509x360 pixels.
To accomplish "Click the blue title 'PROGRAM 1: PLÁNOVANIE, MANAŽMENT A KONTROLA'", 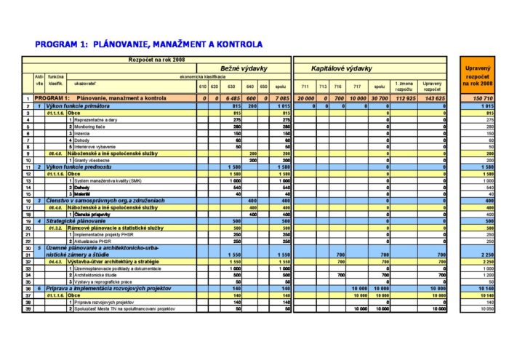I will coord(148,44).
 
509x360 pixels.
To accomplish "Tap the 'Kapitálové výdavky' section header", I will coord(342,68).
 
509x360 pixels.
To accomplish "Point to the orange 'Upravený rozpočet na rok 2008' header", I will coord(478,76).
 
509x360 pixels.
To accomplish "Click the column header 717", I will coord(356,86).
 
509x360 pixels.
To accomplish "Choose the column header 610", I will coord(203,86).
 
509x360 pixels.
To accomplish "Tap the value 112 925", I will coord(405,98).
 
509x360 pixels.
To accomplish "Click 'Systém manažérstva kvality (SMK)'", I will coord(108,180).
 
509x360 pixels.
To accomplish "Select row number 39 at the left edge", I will coord(28,309).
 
